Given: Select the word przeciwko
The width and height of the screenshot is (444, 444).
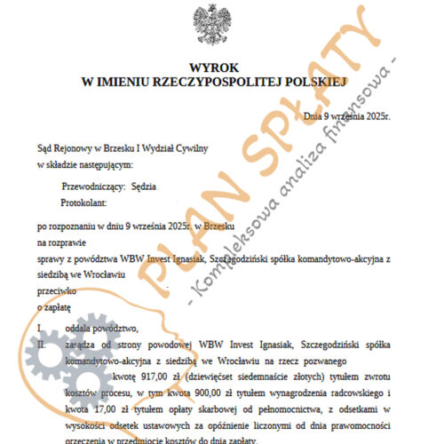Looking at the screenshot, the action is click(57, 289).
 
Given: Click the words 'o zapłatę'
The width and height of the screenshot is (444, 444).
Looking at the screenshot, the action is click(54, 305).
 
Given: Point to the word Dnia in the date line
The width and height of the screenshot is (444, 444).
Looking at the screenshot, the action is click(314, 115).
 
